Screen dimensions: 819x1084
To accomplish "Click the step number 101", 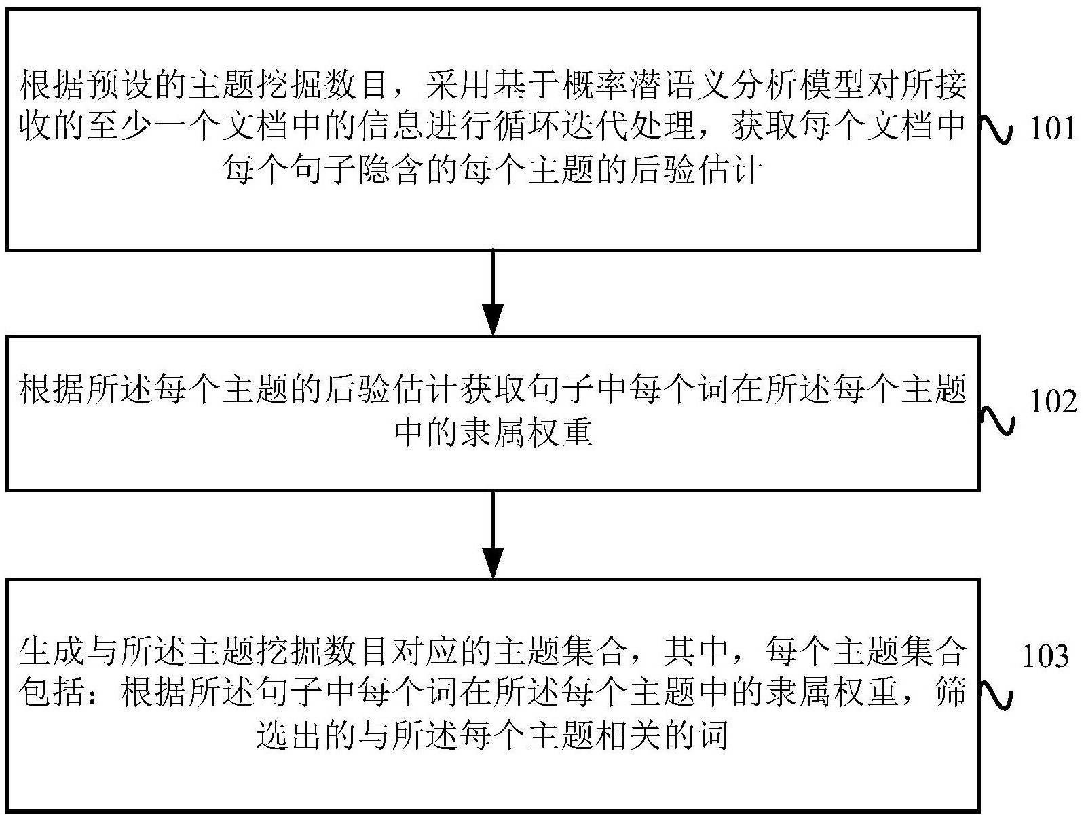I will tap(1052, 128).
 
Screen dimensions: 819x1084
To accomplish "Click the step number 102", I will tap(1053, 402).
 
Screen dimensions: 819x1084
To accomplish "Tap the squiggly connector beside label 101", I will tap(998, 129).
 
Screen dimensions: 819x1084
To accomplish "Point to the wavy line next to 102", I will tap(998, 419).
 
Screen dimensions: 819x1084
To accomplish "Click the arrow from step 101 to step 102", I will tap(493, 293).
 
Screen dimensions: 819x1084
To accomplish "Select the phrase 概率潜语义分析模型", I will tap(715, 86).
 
